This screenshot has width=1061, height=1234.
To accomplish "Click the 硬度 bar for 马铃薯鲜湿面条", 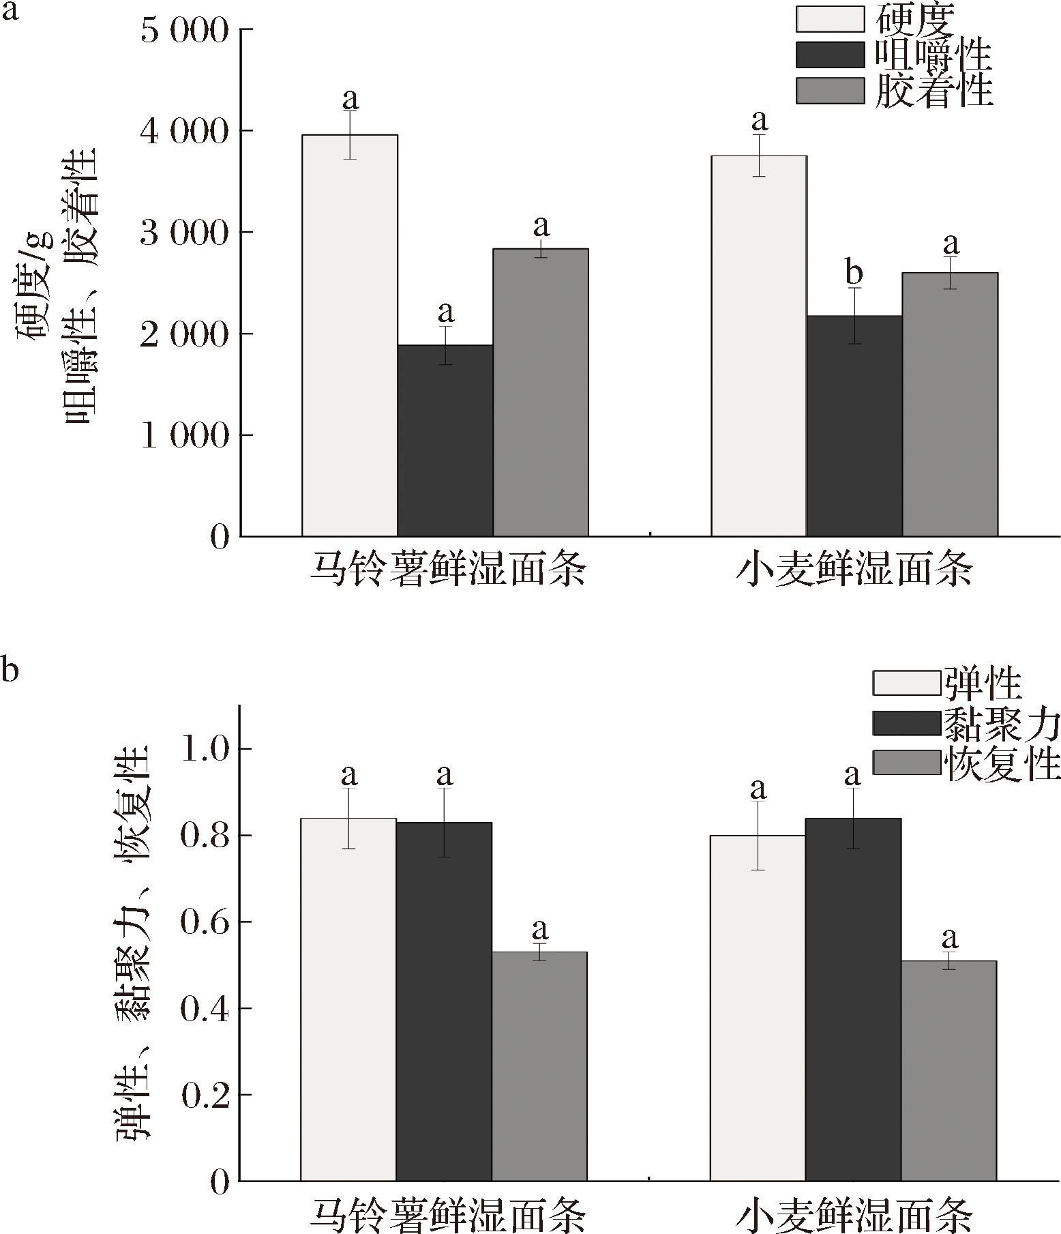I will [x=350, y=334].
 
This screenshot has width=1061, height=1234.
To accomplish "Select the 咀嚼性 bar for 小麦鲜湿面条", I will [x=854, y=426].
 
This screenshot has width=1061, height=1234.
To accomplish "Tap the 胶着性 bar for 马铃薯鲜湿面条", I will [x=541, y=392].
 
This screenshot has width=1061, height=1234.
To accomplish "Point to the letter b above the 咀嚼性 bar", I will [x=854, y=273].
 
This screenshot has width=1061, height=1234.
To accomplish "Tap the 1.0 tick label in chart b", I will [x=205, y=749].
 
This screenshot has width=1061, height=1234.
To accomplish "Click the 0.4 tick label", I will [x=205, y=1008].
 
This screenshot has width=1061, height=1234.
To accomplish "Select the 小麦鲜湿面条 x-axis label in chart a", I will [x=854, y=570].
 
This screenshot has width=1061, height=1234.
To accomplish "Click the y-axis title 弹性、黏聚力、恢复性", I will [x=133, y=941].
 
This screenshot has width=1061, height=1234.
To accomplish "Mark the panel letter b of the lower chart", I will [x=9, y=671].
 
